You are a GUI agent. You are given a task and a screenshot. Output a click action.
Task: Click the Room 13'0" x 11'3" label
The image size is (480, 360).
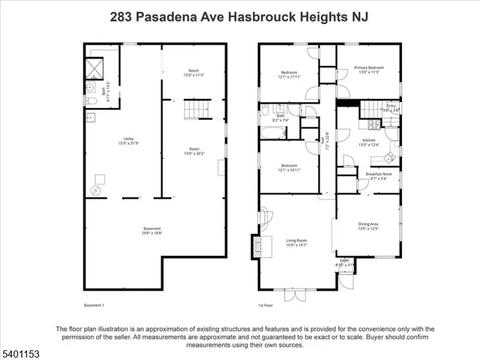point(194,73)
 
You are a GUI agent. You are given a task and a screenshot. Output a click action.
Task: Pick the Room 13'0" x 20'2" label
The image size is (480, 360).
point(194,151)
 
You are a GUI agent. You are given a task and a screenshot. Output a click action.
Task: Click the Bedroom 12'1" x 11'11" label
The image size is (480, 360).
point(290,75)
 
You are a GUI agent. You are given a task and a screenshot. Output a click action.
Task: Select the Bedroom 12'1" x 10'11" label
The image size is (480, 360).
point(290,167)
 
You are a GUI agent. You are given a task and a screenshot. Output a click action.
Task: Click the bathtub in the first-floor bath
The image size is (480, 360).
point(272,133)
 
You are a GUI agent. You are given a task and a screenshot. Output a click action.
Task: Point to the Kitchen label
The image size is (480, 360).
point(368,142)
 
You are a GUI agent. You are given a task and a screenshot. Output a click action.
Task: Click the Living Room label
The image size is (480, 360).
point(297,242)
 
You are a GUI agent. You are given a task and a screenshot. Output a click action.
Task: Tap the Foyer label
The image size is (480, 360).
point(345,263)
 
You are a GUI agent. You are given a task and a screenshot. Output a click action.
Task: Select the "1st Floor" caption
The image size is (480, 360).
point(265,305)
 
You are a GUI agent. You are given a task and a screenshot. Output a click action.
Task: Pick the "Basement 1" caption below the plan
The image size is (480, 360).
point(94,305)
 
